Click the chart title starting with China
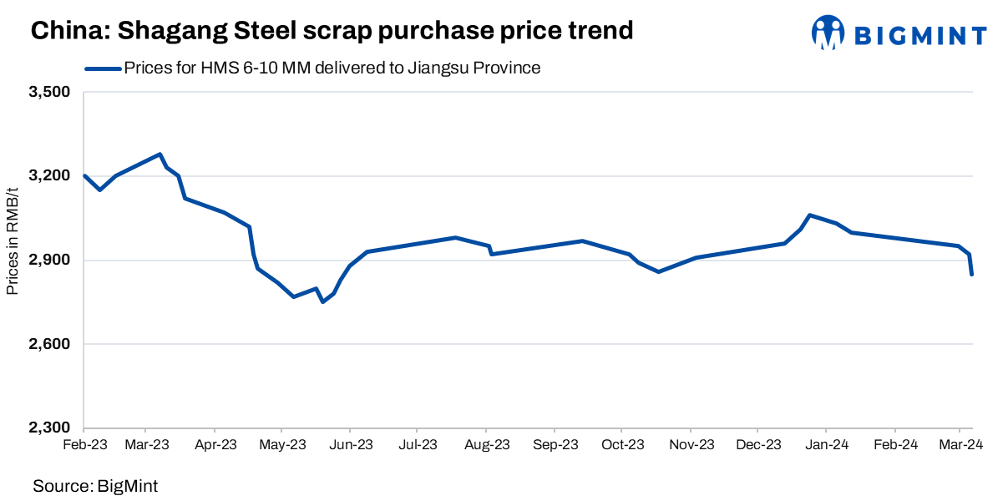332,31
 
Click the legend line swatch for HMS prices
103,68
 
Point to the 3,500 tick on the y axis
52,92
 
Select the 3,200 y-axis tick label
52,176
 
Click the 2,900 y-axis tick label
52,261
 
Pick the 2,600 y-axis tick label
52,344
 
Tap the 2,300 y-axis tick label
52,428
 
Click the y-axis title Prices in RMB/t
13,260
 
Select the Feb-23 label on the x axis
84,445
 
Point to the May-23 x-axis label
283,445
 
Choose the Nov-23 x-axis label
691,445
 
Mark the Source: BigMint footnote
95,485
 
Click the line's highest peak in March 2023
160,154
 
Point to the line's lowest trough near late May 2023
322,301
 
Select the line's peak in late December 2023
810,215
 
